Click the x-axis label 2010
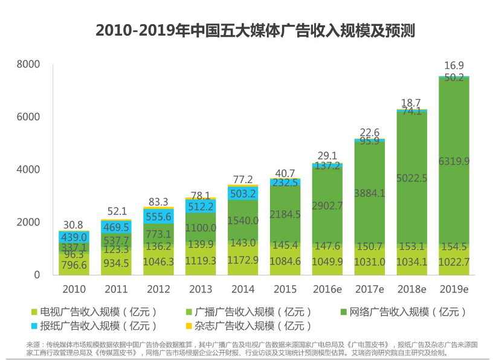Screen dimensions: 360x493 coord(73,289)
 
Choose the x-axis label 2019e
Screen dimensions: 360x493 coord(454,289)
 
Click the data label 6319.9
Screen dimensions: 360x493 coord(454,161)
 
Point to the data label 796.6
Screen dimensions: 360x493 coord(73,265)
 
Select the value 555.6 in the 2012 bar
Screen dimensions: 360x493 coord(158,217)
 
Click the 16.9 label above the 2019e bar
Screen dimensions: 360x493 coord(454,65)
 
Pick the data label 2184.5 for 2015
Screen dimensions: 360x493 coord(285,214)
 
